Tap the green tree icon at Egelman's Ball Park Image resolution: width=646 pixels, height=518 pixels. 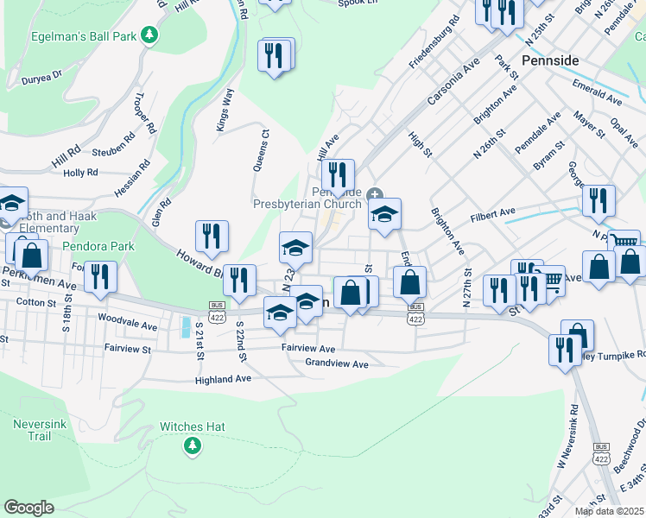click(151, 34)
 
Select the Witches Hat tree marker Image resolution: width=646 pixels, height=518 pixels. click(192, 445)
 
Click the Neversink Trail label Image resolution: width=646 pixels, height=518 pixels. click(38, 430)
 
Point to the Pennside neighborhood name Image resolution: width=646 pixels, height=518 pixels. click(550, 60)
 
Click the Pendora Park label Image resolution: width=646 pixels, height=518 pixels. click(98, 246)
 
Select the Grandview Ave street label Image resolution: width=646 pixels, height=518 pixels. click(337, 363)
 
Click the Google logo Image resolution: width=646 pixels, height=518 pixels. click(28, 508)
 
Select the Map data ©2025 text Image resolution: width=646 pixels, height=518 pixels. click(610, 511)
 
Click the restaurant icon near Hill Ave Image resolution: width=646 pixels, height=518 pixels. click(337, 174)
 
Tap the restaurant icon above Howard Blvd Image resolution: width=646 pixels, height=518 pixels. click(212, 235)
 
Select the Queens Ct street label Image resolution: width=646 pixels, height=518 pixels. click(261, 151)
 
